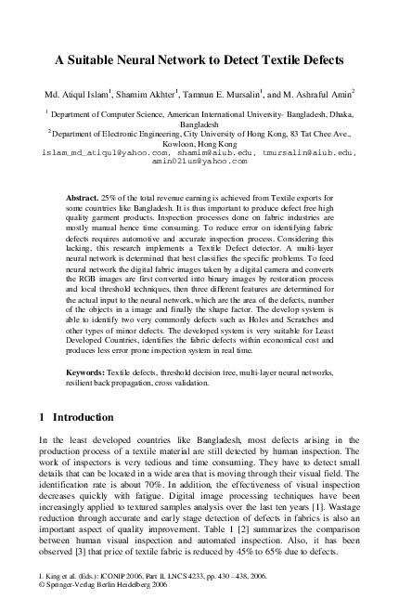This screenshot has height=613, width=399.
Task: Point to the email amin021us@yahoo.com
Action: [199, 162]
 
